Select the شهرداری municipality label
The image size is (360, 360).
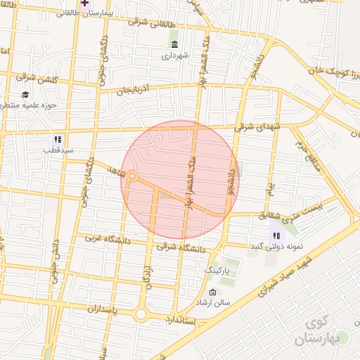174,54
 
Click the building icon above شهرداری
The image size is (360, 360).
174,44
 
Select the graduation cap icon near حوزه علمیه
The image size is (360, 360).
25,95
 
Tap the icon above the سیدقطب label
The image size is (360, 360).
58,139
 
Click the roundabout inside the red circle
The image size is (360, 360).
131,176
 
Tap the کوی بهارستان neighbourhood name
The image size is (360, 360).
324,330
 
